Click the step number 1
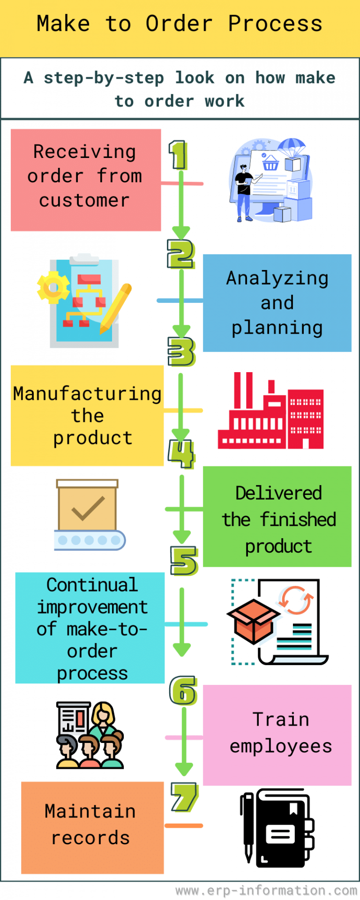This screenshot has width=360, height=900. pos(178,155)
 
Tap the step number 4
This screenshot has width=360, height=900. pos(181,454)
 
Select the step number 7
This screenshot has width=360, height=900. pos(184,797)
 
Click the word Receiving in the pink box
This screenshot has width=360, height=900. pos(85,152)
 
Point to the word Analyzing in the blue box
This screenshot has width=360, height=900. pos(277,278)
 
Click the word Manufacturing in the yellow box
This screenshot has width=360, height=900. pos(87,394)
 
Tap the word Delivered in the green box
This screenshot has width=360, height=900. pos(278,493)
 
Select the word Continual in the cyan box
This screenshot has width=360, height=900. pos(92,585)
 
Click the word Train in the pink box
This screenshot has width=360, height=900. pos(281,719)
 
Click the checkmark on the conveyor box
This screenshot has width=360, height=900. pos(88,509)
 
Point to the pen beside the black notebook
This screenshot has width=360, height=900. pos(248,828)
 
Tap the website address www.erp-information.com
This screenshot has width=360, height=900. pos(266,890)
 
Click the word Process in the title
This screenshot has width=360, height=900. pos(275,23)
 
